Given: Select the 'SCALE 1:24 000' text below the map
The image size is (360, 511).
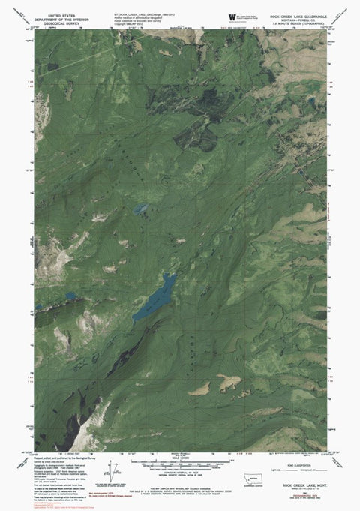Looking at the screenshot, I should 180,460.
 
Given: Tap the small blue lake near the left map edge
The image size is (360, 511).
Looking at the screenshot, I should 71,297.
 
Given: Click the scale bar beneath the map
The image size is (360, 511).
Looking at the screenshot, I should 180,455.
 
